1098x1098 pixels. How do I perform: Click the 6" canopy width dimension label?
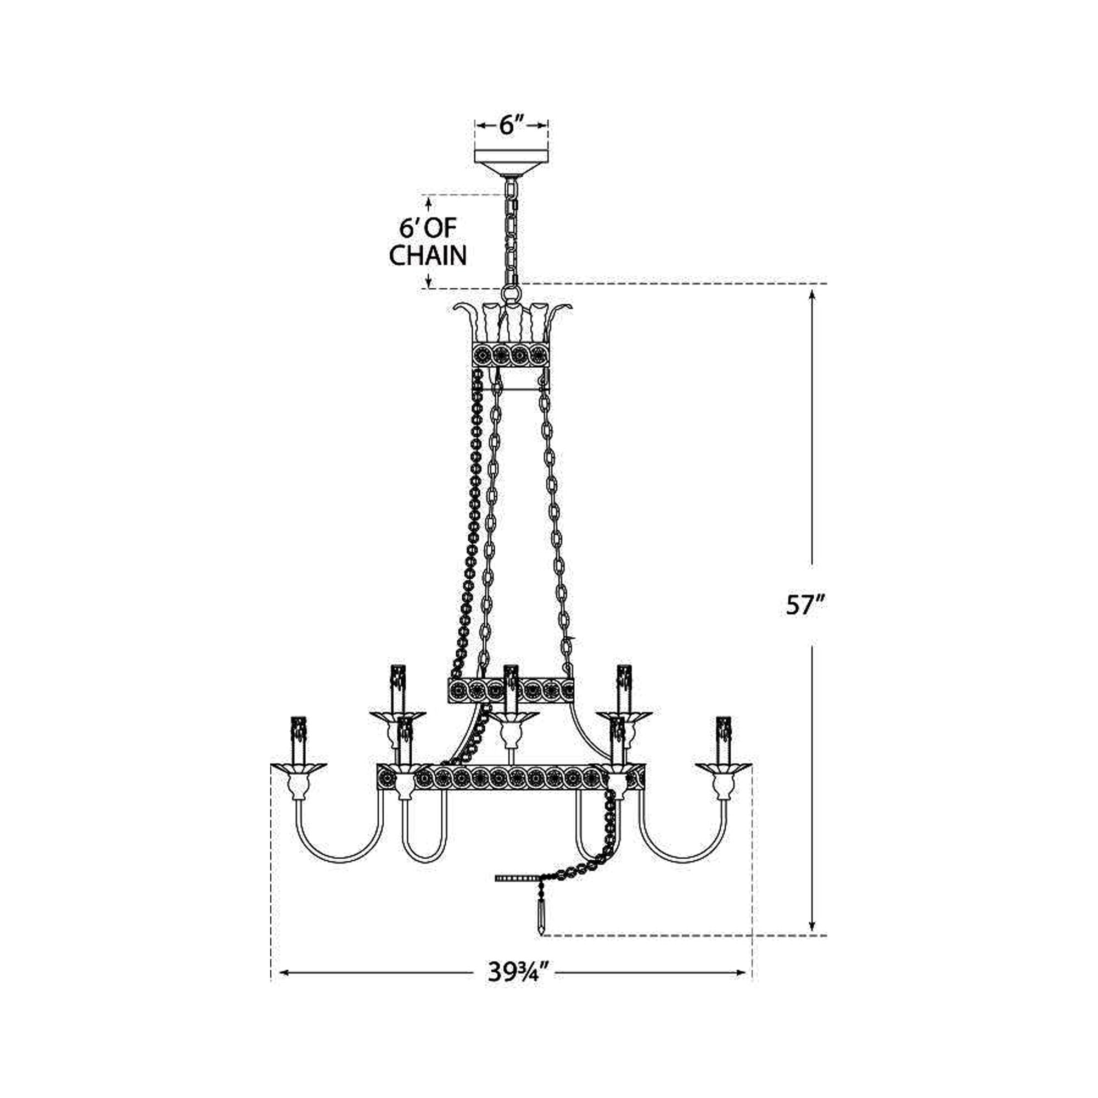coord(511,125)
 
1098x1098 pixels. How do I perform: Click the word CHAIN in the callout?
coord(428,256)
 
